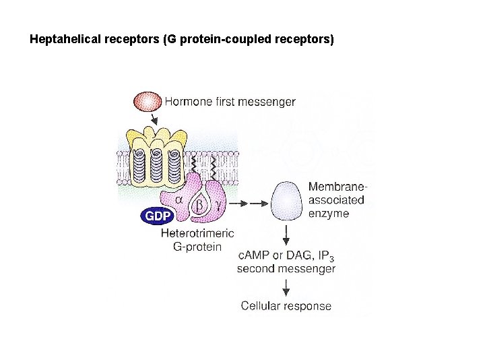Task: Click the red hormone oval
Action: pyautogui.click(x=148, y=102)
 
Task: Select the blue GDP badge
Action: pyautogui.click(x=157, y=216)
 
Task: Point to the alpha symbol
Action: pyautogui.click(x=179, y=200)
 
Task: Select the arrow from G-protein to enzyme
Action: pyautogui.click(x=249, y=202)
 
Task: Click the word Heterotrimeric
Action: pyautogui.click(x=197, y=233)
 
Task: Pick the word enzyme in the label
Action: pyautogui.click(x=328, y=214)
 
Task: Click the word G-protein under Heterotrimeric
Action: pyautogui.click(x=197, y=246)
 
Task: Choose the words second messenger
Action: pyautogui.click(x=286, y=268)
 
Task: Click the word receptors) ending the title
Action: pyautogui.click(x=304, y=40)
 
